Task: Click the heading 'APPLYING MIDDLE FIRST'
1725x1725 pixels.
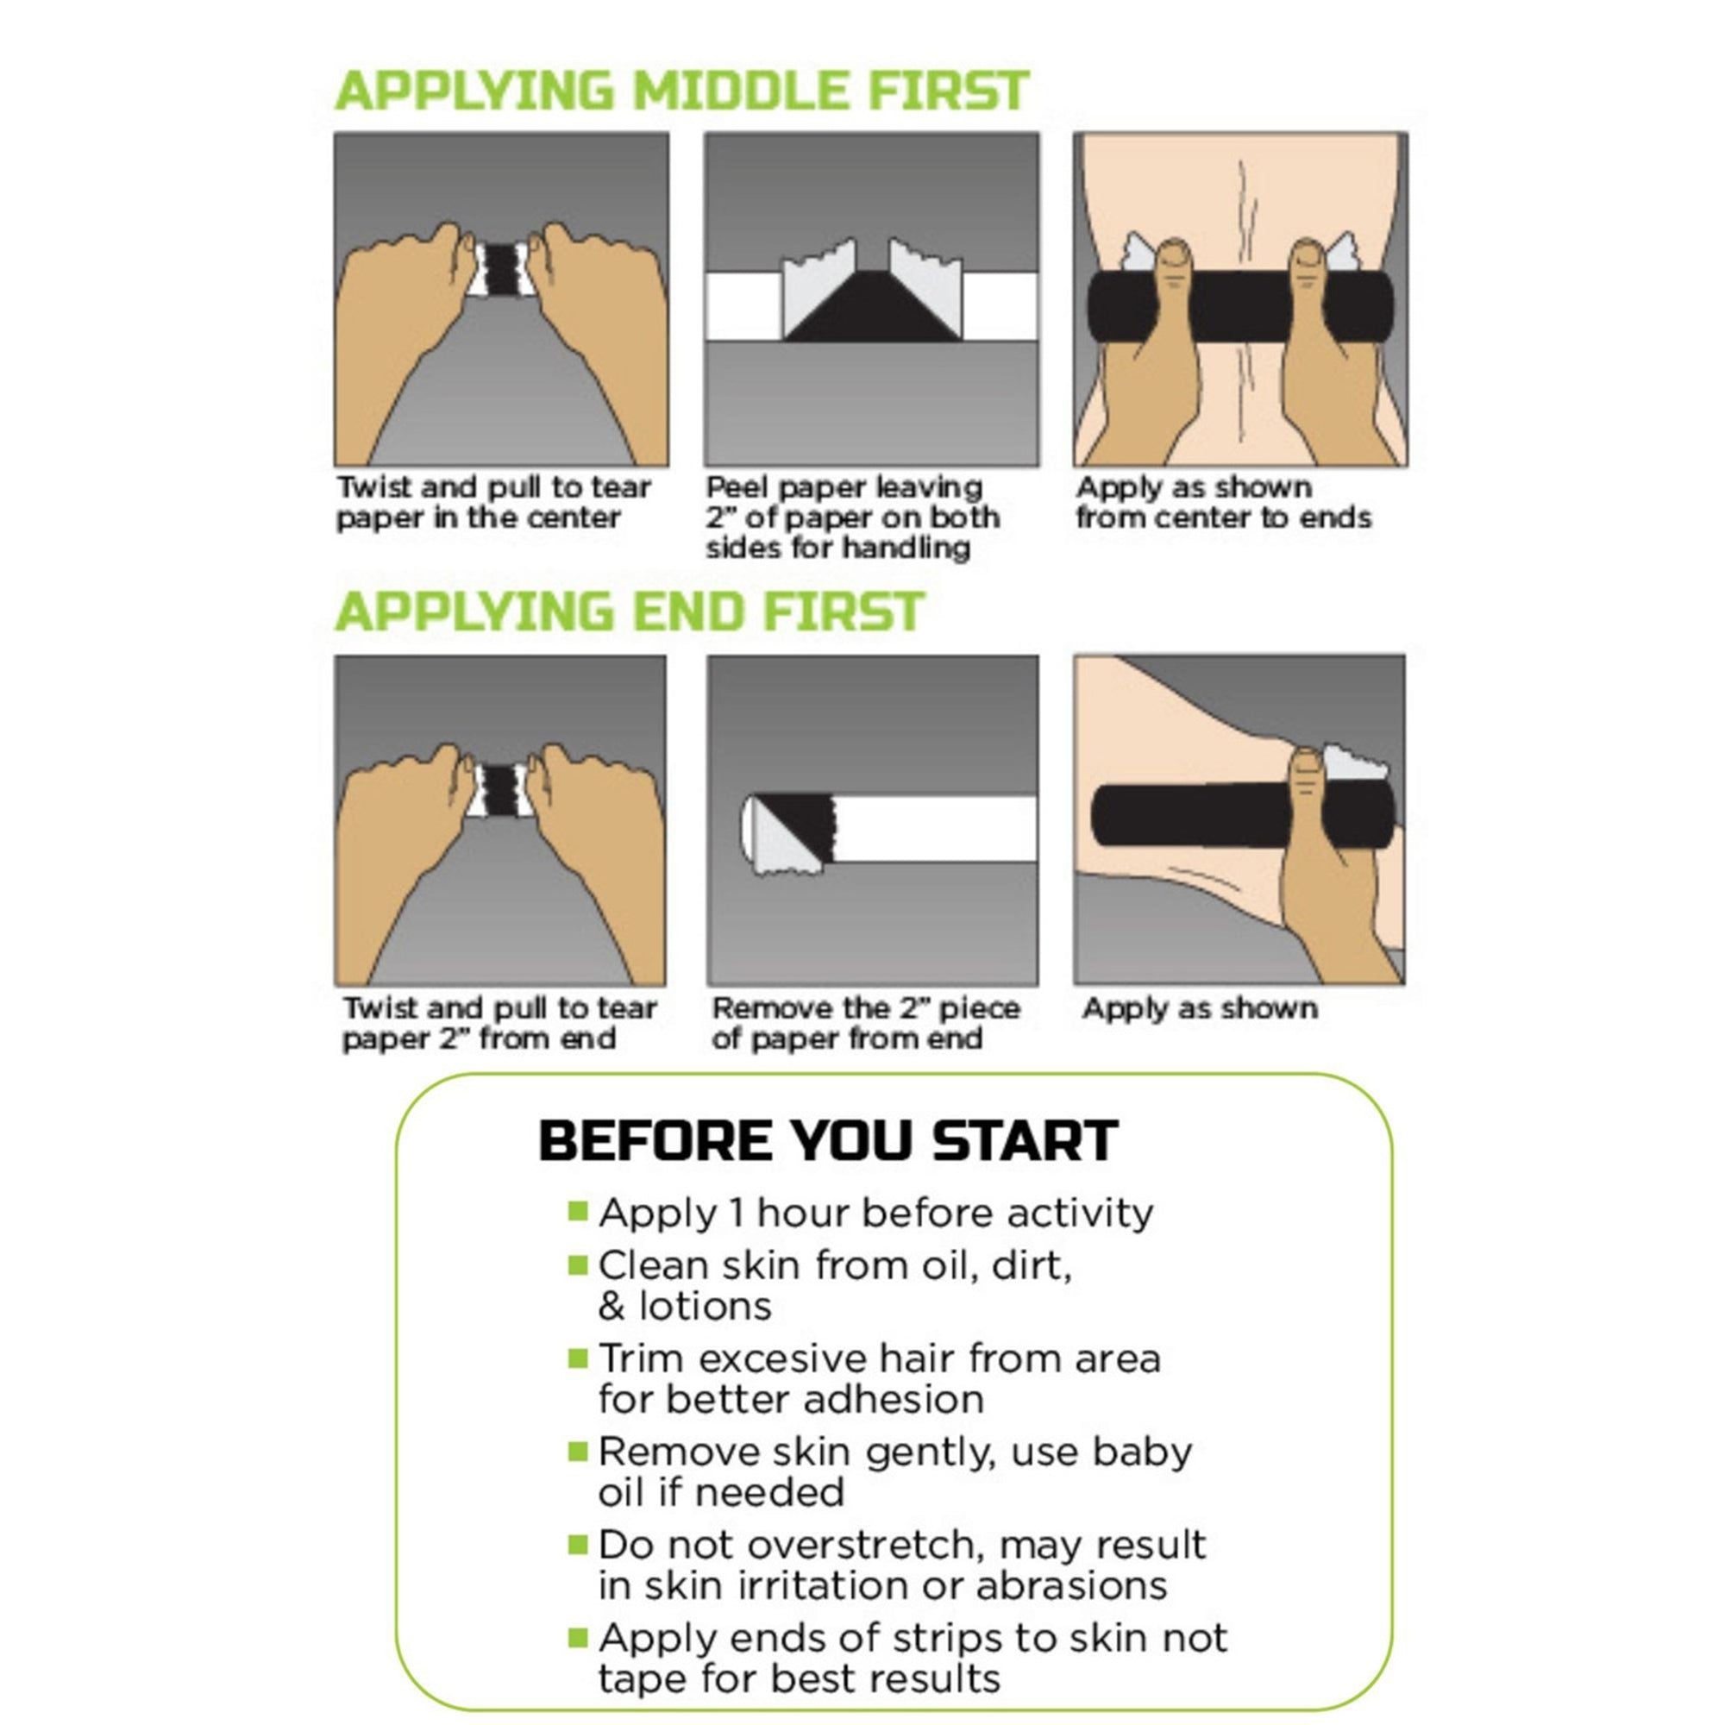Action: coord(681,91)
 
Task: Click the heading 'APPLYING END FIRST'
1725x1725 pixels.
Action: coord(629,612)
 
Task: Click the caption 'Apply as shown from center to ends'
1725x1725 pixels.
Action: coord(1222,503)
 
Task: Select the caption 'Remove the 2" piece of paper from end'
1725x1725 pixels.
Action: coord(865,1023)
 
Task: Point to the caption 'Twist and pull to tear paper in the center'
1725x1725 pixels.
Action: coord(492,503)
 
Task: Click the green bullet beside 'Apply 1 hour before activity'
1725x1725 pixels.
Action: coord(578,1211)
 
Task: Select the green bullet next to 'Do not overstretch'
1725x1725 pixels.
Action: coord(578,1543)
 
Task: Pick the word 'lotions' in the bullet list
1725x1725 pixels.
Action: coord(705,1306)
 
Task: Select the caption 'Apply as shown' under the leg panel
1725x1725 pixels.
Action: coord(1199,1008)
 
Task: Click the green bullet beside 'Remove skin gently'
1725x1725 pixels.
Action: coord(578,1451)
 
